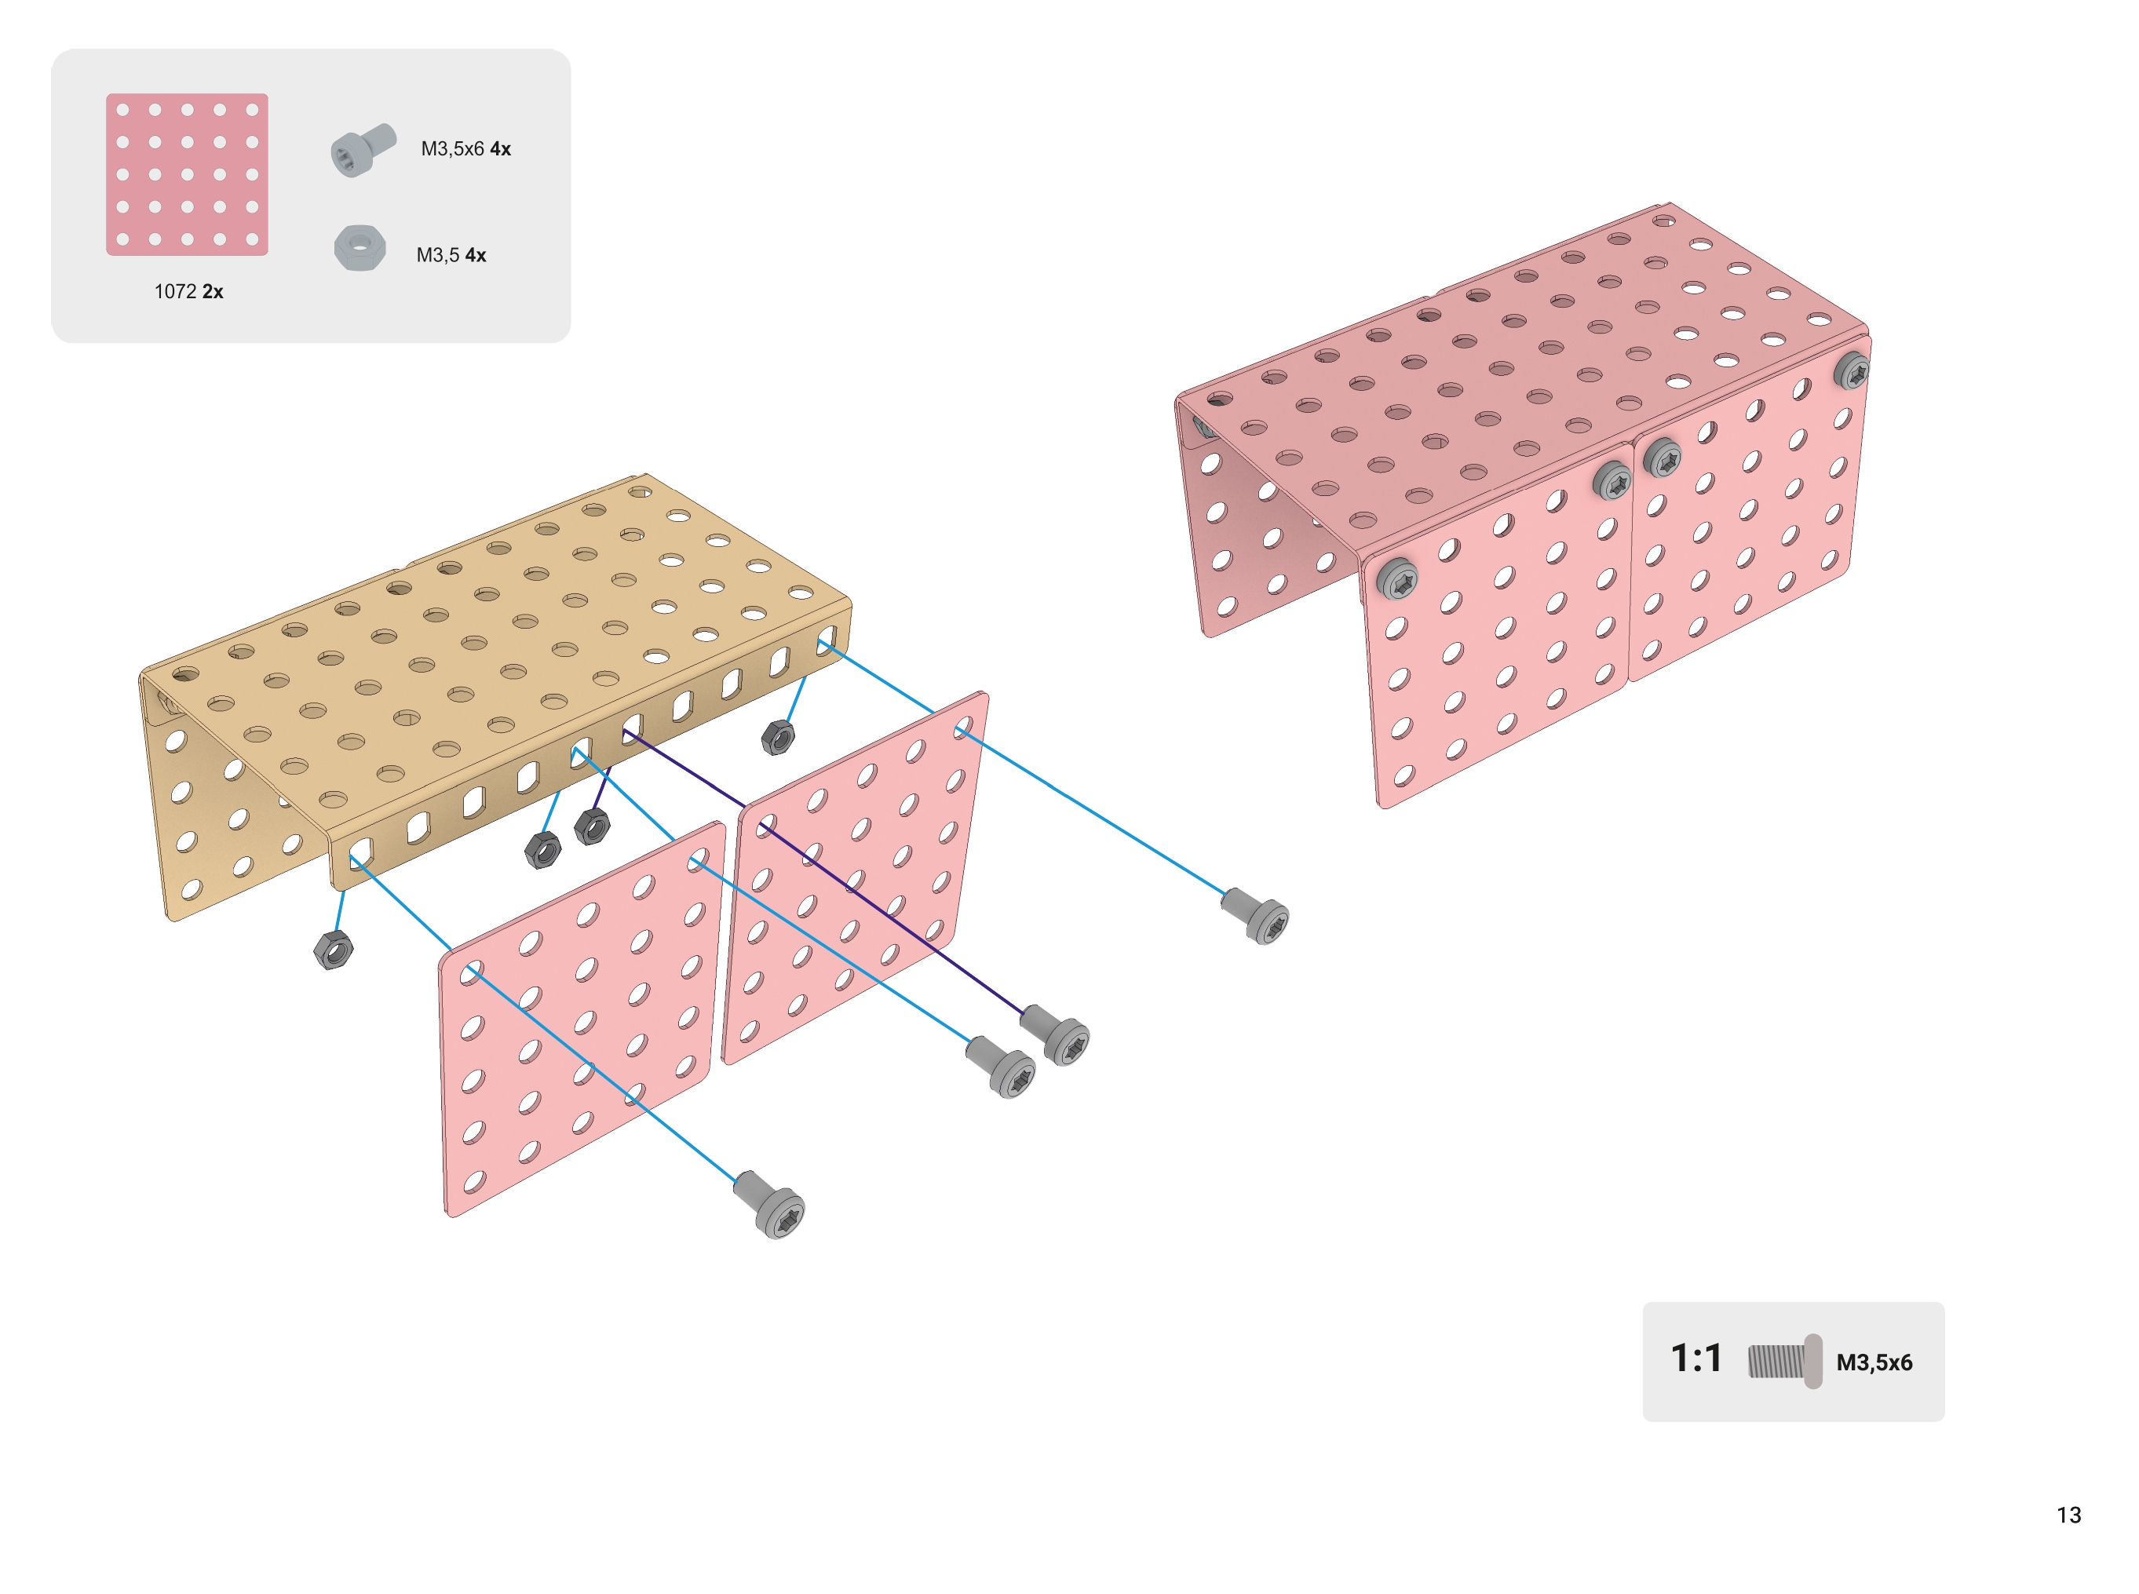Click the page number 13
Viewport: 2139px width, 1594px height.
pos(2068,1514)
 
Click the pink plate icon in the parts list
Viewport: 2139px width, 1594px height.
pos(187,175)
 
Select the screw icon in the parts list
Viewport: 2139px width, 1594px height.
pos(363,151)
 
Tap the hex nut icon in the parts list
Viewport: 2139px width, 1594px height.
pos(360,248)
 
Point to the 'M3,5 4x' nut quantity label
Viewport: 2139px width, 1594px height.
pos(451,255)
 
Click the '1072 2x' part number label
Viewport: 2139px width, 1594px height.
pos(188,291)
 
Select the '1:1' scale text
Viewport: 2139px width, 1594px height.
pos(1696,1359)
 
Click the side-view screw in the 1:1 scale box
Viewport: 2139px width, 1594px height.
pos(1784,1362)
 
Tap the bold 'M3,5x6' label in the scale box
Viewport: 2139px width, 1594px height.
pos(1873,1362)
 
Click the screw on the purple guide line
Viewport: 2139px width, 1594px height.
pos(1056,1034)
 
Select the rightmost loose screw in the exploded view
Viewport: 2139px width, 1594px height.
pos(1255,916)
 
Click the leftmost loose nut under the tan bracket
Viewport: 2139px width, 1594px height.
pos(333,950)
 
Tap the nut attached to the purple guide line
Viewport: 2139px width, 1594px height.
pos(591,826)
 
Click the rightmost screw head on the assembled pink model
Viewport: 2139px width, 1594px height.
pos(1850,370)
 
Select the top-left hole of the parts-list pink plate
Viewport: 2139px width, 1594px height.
pos(122,110)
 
